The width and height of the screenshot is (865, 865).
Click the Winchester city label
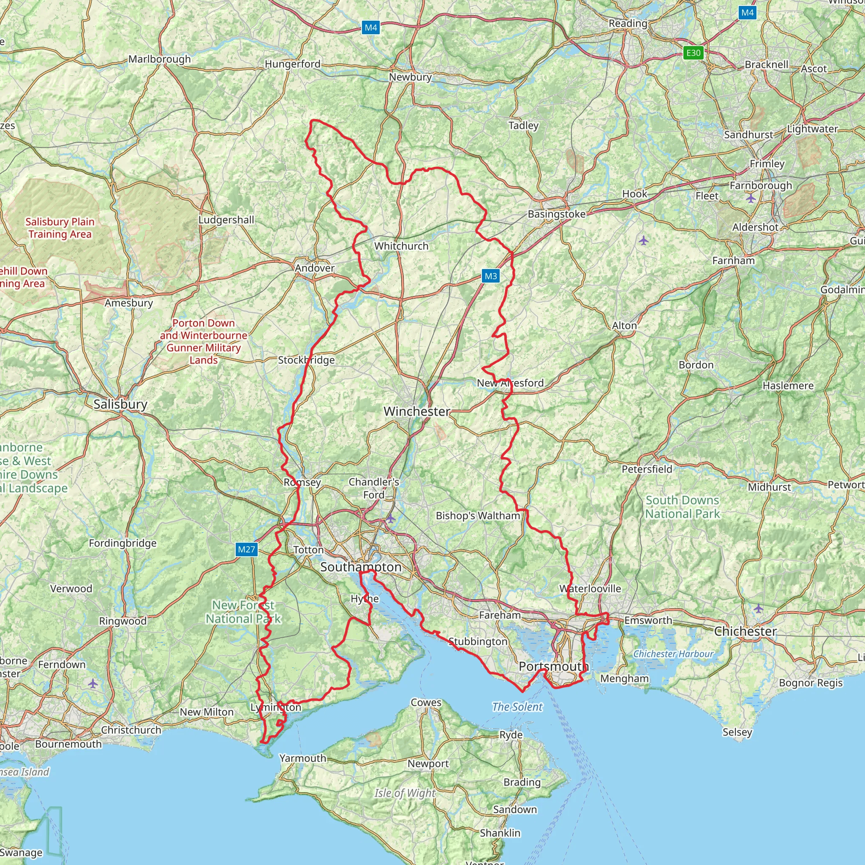point(416,411)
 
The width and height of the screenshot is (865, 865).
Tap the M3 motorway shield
point(491,276)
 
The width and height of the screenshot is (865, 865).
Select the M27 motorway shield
point(246,549)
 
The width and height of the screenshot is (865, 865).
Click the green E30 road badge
point(693,53)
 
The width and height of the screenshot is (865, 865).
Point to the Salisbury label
point(120,404)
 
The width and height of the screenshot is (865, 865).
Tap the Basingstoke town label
point(556,214)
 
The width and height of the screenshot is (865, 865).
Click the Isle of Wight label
point(404,793)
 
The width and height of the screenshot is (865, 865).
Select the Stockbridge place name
point(306,360)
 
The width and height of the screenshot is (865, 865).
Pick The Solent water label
point(517,707)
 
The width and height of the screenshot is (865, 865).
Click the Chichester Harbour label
point(673,654)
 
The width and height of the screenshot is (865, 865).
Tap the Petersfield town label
point(647,469)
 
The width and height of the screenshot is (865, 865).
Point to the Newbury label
point(410,77)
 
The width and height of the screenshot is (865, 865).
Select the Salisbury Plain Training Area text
point(60,228)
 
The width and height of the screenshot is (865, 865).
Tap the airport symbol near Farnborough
point(751,198)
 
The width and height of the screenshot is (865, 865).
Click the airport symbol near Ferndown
point(92,684)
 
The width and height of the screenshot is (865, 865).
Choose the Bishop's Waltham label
point(478,515)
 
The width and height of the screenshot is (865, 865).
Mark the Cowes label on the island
point(426,702)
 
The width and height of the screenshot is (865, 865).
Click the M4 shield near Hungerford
point(371,28)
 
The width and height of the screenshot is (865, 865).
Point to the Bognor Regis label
point(811,683)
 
